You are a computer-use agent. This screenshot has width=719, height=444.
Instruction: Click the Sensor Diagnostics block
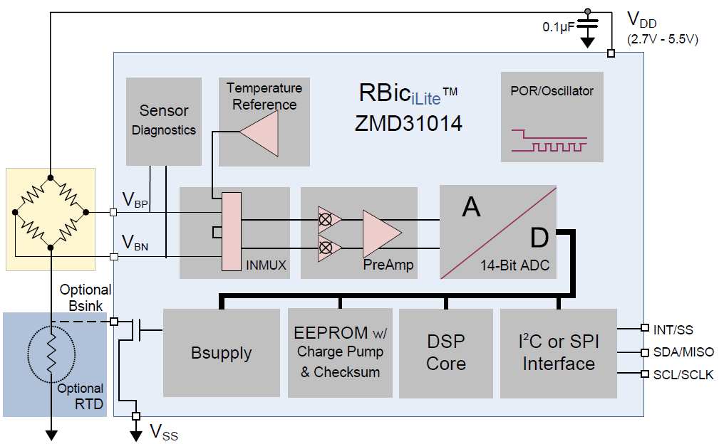[163, 120]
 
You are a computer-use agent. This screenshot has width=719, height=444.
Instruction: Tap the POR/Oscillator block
[552, 116]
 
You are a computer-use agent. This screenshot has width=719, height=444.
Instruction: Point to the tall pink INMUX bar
[232, 231]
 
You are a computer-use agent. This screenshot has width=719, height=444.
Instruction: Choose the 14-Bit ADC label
[514, 266]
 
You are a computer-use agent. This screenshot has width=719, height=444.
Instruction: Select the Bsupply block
[221, 353]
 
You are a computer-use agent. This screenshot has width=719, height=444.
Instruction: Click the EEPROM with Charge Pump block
[339, 352]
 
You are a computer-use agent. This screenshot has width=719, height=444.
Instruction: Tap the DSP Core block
[445, 353]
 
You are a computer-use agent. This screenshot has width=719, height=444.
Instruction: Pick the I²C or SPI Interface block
[558, 353]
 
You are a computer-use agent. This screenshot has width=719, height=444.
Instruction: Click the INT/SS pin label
[673, 329]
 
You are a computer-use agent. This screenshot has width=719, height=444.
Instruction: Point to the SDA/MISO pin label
[683, 352]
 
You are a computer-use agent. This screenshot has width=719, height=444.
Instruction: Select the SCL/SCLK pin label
[683, 375]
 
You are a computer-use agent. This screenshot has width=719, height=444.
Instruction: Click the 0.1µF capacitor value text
[559, 27]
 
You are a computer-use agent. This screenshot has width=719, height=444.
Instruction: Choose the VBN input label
[135, 242]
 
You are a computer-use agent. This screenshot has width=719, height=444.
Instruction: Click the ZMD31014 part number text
[408, 123]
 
